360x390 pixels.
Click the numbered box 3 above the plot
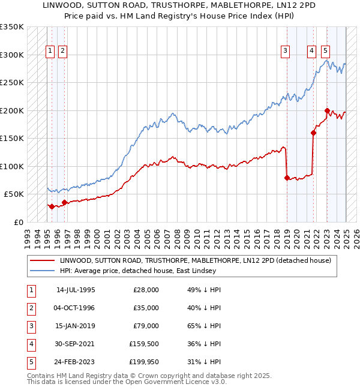click(x=286, y=51)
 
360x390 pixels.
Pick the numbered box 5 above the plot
click(x=325, y=51)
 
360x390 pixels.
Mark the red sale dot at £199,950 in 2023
click(x=327, y=110)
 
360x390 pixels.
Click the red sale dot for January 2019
click(x=287, y=178)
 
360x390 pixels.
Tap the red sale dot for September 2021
click(x=313, y=133)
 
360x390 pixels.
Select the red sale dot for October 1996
click(x=64, y=202)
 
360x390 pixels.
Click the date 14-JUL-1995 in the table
click(x=76, y=290)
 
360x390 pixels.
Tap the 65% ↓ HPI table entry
click(x=205, y=326)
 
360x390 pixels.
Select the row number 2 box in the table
click(x=31, y=308)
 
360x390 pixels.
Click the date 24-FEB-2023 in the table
click(x=76, y=362)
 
